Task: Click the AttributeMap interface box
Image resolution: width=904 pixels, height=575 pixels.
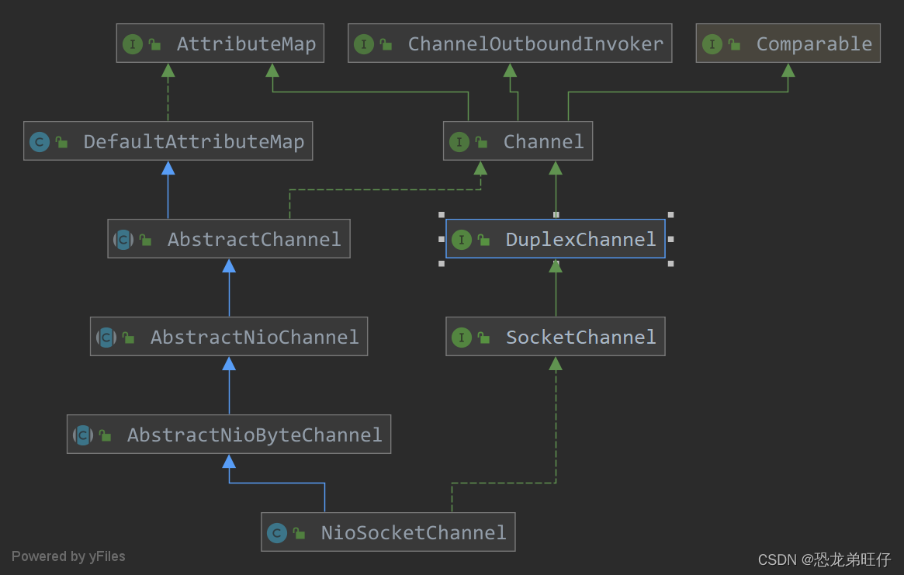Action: point(220,43)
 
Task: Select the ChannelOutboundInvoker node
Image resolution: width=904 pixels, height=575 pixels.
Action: point(510,43)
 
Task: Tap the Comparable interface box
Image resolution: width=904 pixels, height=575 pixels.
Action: point(788,43)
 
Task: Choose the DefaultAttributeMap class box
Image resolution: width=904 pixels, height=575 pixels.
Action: point(168,141)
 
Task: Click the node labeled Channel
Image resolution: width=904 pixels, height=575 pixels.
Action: point(518,141)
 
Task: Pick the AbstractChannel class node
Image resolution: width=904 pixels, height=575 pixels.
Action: point(229,239)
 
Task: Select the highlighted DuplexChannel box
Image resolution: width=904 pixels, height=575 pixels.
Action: point(555,239)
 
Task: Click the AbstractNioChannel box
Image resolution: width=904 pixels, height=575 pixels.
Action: point(229,337)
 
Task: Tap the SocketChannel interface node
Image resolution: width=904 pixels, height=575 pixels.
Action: point(555,337)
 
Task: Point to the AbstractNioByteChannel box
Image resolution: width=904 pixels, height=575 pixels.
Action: point(229,435)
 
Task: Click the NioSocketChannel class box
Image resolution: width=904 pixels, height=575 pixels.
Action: point(388,532)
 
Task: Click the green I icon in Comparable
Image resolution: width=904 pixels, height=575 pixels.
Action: point(712,44)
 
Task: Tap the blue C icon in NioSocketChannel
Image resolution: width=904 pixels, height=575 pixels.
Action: point(277,533)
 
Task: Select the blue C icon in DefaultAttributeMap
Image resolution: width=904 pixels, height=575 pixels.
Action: point(40,142)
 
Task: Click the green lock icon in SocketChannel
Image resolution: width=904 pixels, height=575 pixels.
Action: point(483,338)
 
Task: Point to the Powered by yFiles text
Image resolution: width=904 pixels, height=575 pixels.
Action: point(68,556)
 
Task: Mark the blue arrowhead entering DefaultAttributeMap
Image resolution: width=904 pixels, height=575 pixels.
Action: point(168,168)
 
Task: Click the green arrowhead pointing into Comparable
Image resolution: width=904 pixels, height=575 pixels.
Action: point(788,70)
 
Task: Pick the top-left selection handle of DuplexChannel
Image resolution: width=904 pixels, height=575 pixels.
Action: point(441,215)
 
